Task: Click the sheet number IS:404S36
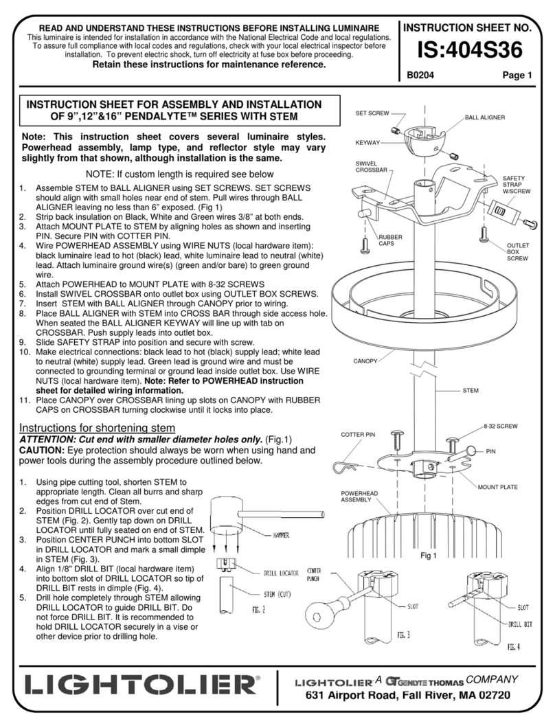pyautogui.click(x=473, y=50)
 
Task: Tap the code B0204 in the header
pyautogui.click(x=420, y=76)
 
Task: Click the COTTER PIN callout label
pyautogui.click(x=357, y=434)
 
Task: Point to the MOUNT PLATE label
pyautogui.click(x=498, y=487)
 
